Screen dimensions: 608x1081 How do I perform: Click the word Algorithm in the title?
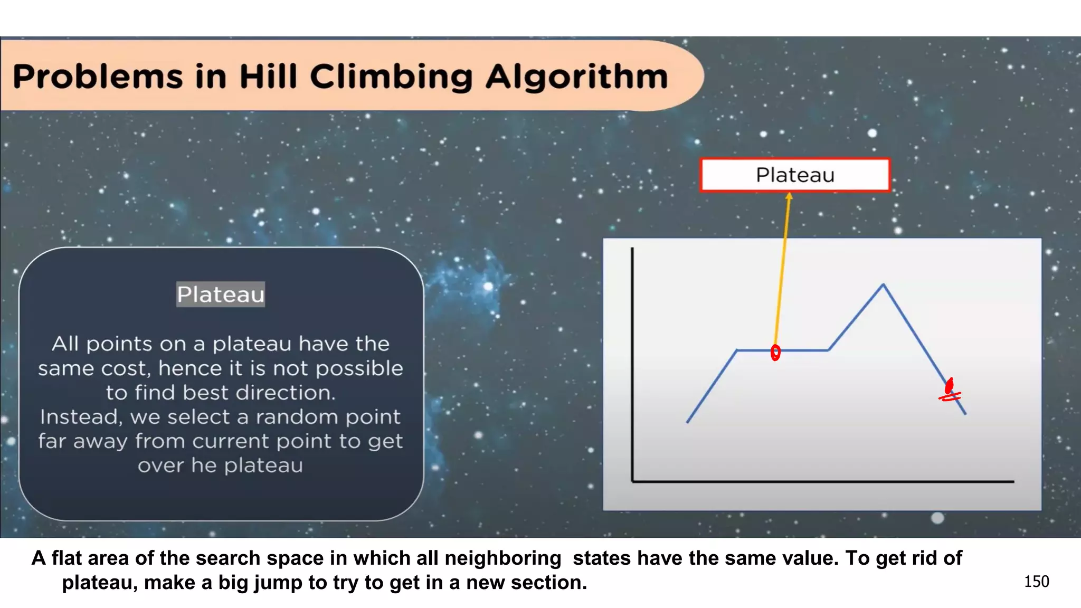[x=576, y=77]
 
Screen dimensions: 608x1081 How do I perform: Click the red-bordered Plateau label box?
[x=795, y=175]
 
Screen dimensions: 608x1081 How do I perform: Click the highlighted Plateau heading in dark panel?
[x=221, y=294]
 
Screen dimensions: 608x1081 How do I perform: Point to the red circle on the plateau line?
[x=775, y=353]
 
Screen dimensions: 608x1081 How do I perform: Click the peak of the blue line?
[x=883, y=285]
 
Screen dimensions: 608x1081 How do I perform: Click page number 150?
[x=1036, y=582]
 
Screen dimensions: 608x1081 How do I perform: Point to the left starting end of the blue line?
[x=687, y=422]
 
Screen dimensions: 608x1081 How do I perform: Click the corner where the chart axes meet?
[x=632, y=481]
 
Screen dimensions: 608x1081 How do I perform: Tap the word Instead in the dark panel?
[x=81, y=417]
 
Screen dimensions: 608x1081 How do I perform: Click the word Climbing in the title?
[x=391, y=77]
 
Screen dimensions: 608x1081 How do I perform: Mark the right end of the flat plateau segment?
[x=829, y=349]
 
